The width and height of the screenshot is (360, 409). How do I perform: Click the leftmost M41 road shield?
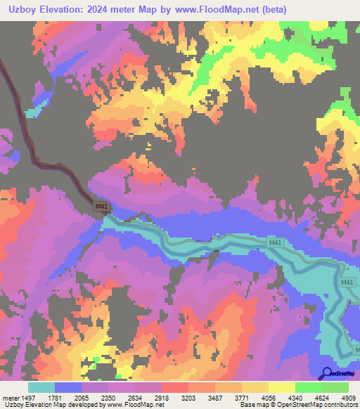coord(101,207)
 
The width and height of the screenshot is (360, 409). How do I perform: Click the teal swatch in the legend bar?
coord(41,387)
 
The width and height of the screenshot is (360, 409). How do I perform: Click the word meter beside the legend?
coord(10,397)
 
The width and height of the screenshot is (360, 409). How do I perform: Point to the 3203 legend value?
coord(190,397)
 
